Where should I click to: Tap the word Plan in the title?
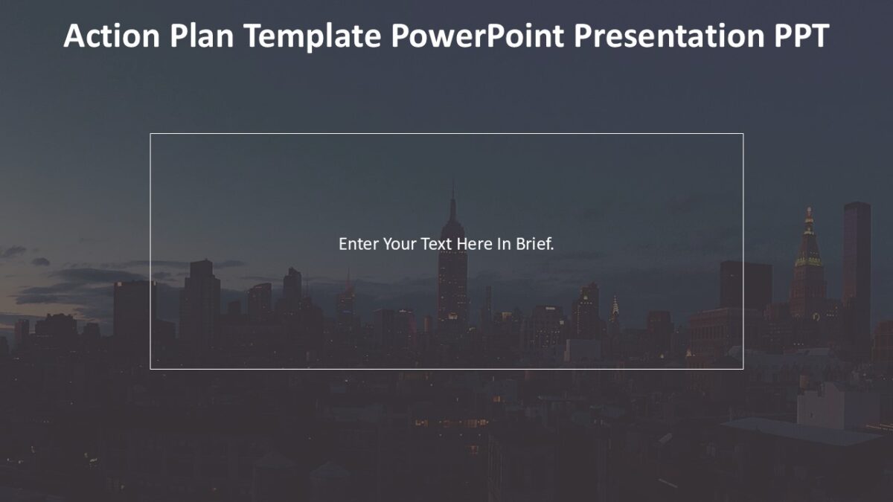[x=202, y=36]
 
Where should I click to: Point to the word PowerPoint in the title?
[x=477, y=36]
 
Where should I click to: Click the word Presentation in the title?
[x=668, y=36]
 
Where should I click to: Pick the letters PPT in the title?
[x=799, y=36]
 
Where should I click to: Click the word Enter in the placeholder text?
[x=359, y=244]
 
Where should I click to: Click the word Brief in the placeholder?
[x=534, y=244]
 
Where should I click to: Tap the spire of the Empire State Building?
[x=452, y=195]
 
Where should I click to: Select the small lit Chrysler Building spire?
[x=615, y=306]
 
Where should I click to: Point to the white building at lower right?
[x=833, y=405]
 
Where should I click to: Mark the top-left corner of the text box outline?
[x=150, y=134]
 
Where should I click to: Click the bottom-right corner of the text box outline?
[x=743, y=369]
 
